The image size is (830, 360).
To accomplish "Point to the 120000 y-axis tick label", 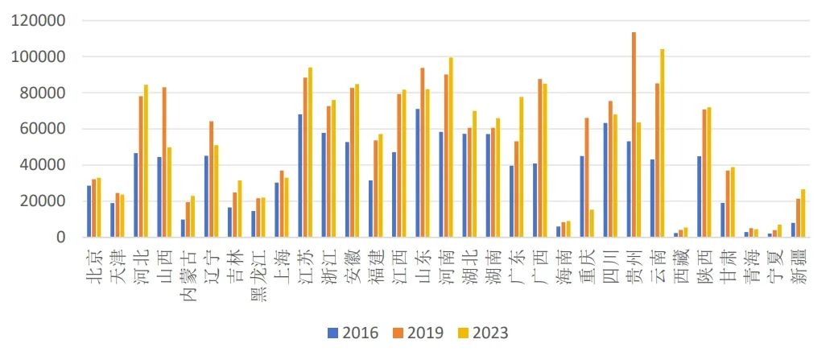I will [x=39, y=21].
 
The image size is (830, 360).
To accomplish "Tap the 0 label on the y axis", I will [x=60, y=237].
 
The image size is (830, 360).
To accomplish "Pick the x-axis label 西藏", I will [x=679, y=264].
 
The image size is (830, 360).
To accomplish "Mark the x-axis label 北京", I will [x=93, y=264].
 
